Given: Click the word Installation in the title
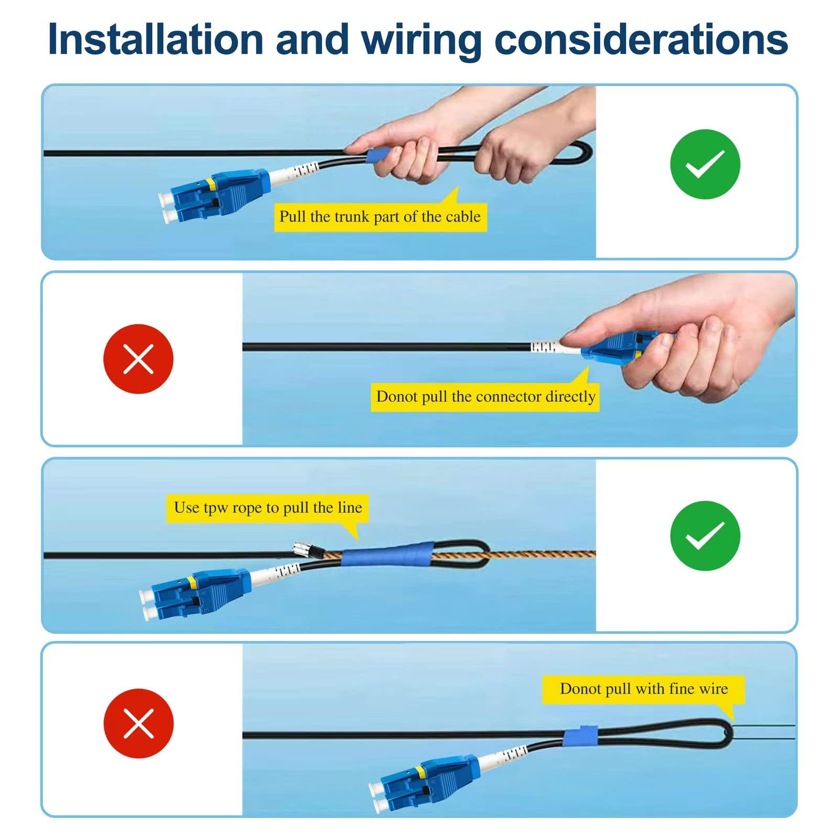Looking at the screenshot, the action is click(156, 40).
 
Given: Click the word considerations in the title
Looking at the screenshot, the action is click(641, 40).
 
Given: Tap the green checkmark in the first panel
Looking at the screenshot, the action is click(705, 164).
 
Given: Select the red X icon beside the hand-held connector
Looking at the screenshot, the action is click(138, 359).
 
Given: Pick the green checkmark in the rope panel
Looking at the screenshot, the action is click(705, 536).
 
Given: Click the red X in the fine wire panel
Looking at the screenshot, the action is click(138, 723).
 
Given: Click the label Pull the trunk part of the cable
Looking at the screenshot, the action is click(380, 217).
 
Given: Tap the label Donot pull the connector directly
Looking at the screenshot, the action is click(486, 396).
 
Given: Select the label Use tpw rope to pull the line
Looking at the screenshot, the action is click(268, 508).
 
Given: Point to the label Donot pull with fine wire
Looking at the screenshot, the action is click(644, 689).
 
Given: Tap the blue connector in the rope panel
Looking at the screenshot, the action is click(196, 593).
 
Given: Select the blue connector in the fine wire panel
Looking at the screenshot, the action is click(424, 781).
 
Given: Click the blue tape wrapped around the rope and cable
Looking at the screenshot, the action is click(389, 554).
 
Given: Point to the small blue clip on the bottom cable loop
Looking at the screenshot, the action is click(581, 735).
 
